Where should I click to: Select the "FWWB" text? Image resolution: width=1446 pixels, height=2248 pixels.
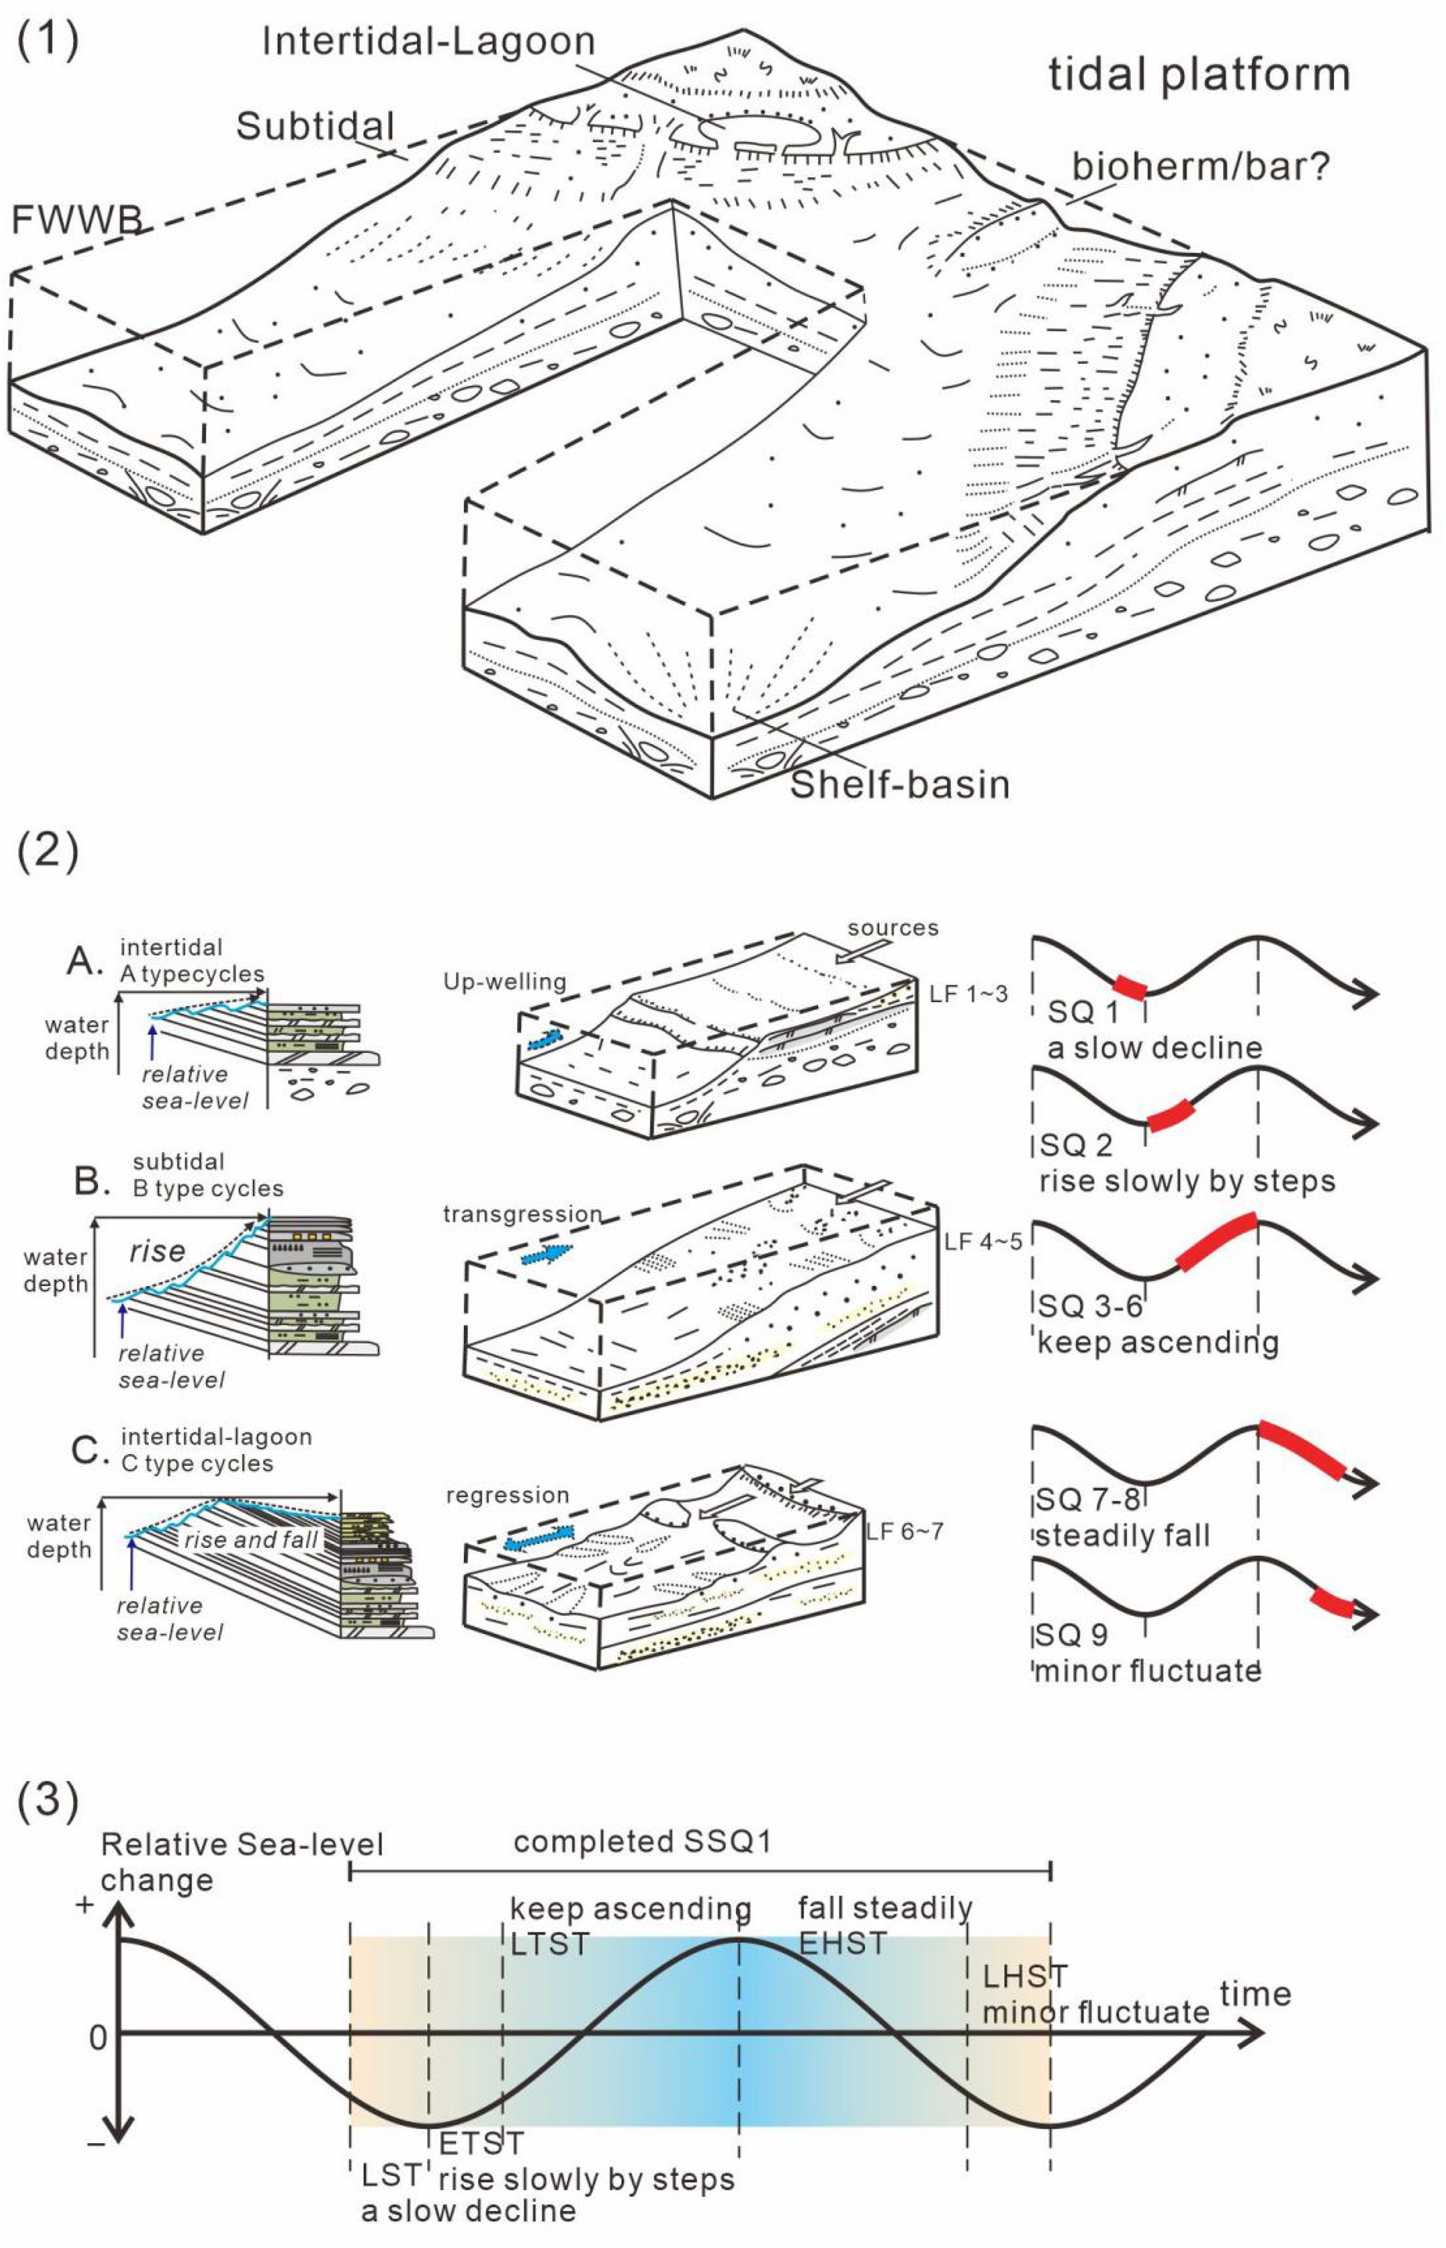click(77, 219)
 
